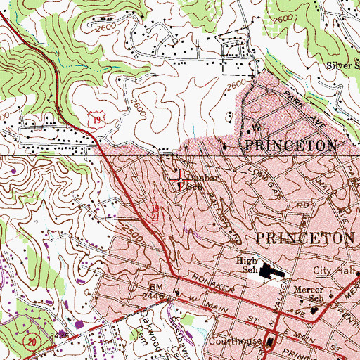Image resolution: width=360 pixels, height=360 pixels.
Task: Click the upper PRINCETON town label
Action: (290, 146)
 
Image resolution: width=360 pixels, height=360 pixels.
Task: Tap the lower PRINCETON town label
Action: (306, 237)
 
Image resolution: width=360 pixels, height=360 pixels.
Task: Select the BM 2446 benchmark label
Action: (157, 292)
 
